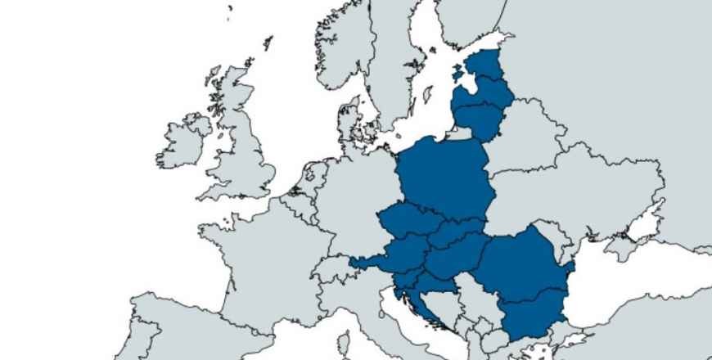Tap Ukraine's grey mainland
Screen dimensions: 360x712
point(589,196)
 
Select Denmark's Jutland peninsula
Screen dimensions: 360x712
point(349,123)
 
